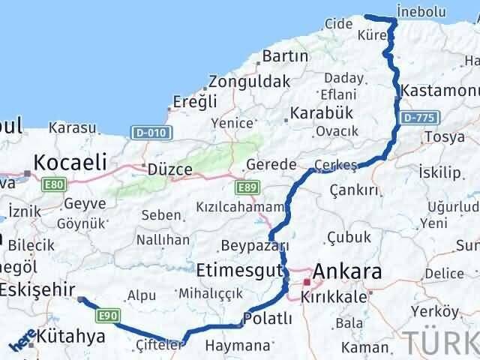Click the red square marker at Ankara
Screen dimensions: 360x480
click(307, 283)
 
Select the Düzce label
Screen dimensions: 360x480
click(171, 169)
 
